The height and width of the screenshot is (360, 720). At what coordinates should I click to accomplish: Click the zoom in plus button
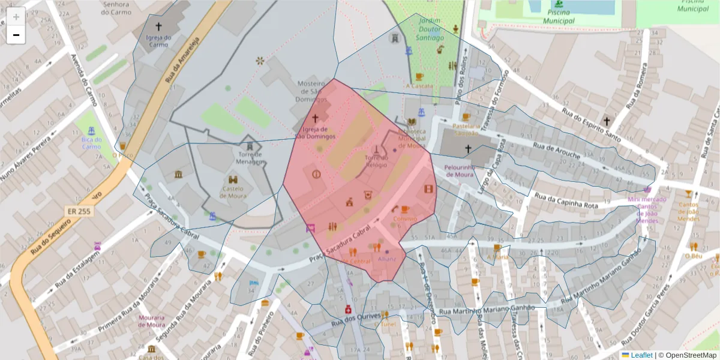16,17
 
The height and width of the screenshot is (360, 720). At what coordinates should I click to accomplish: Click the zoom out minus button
16,35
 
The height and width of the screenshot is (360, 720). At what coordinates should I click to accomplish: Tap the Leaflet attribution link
641,355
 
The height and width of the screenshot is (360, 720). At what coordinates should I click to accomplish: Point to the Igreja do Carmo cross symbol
159,26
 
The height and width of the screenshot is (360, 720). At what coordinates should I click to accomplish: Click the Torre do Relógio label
376,161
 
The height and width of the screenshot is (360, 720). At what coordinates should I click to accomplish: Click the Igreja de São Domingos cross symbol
315,119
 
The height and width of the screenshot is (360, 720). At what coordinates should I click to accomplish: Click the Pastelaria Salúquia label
466,130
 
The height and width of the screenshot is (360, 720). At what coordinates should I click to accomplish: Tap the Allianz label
387,259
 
